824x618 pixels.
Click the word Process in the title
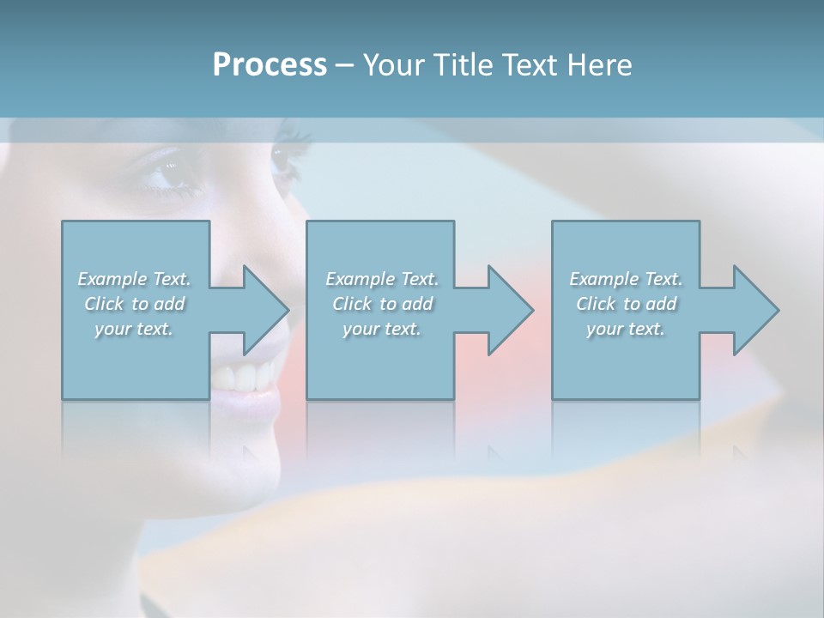pos(270,65)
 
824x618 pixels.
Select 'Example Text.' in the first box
pos(134,279)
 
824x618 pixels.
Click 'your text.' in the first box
pos(134,329)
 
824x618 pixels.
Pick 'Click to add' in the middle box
pos(382,304)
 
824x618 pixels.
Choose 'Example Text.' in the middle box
pos(382,279)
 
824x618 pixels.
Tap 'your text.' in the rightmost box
pos(626,329)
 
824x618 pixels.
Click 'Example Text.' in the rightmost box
pos(626,279)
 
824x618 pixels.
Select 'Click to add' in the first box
pos(134,304)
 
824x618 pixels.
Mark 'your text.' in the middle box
pos(382,329)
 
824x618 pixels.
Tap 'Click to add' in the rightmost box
pos(626,304)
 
